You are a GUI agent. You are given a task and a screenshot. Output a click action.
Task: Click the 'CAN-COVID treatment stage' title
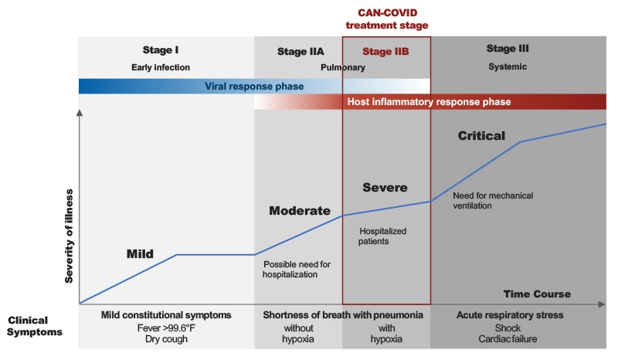tap(386, 19)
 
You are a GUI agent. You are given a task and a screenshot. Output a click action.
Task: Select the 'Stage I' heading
tap(161, 49)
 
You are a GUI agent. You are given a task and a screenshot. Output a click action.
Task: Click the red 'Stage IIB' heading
tap(385, 52)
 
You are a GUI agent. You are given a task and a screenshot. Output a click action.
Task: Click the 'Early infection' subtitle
tap(161, 67)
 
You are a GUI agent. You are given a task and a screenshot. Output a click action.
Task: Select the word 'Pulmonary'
tap(342, 67)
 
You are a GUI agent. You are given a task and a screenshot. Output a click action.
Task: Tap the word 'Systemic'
tap(507, 66)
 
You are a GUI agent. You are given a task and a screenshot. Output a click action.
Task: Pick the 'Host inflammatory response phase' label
tap(430, 102)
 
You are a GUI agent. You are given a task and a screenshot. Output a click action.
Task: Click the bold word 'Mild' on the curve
tap(140, 253)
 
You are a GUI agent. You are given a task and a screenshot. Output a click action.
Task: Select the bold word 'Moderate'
tap(299, 211)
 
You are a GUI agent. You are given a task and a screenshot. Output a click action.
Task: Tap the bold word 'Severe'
tap(385, 188)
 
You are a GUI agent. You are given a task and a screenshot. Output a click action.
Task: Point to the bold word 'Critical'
tap(481, 136)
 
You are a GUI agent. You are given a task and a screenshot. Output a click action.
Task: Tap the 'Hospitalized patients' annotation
tap(382, 236)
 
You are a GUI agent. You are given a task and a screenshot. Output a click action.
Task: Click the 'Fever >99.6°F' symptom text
tap(165, 327)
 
